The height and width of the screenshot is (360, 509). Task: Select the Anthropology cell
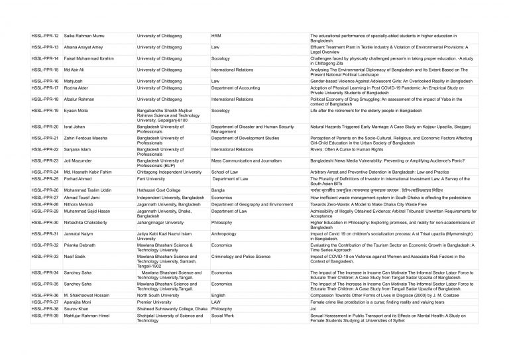click(225, 234)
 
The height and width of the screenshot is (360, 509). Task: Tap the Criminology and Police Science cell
click(241, 256)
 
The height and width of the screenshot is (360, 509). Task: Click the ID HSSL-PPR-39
click(45, 316)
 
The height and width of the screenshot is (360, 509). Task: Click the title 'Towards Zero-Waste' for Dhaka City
click(361, 204)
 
